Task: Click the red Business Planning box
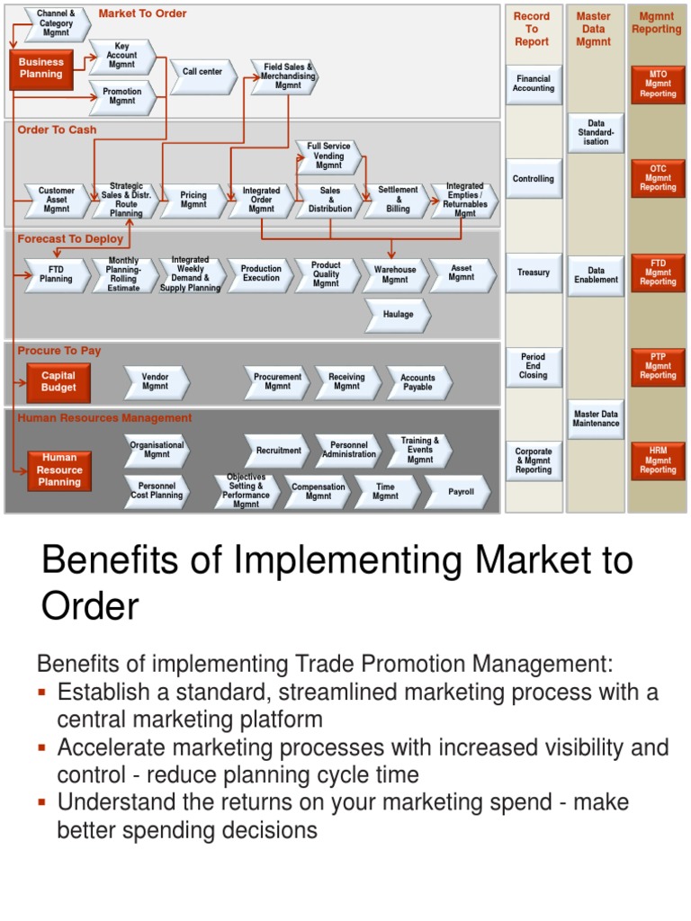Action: click(41, 68)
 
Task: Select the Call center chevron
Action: click(202, 72)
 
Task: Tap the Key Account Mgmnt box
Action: click(121, 56)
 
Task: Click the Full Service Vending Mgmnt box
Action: click(328, 156)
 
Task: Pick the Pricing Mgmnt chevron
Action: click(193, 201)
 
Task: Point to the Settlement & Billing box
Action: click(397, 201)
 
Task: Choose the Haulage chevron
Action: click(398, 315)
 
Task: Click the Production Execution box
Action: click(261, 273)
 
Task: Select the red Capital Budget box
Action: click(58, 382)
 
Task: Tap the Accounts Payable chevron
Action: click(417, 383)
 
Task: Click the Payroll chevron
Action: click(460, 492)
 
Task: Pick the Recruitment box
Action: click(278, 451)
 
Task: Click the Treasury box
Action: click(534, 273)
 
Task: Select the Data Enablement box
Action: click(597, 275)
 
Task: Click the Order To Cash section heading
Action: click(57, 130)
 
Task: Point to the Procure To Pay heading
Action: click(59, 351)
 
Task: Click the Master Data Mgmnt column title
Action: click(594, 29)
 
